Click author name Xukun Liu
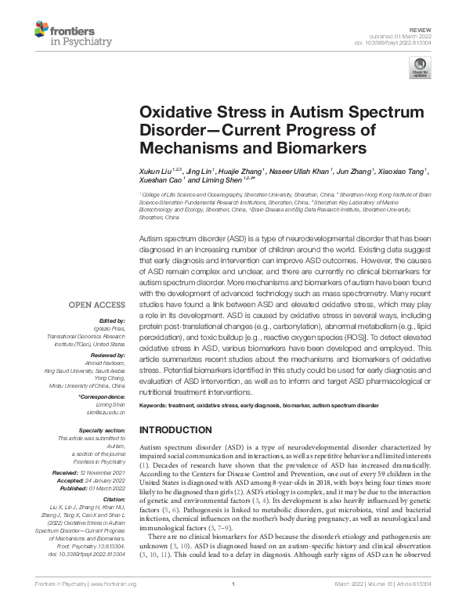tap(157, 170)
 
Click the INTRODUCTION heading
tap(175, 431)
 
